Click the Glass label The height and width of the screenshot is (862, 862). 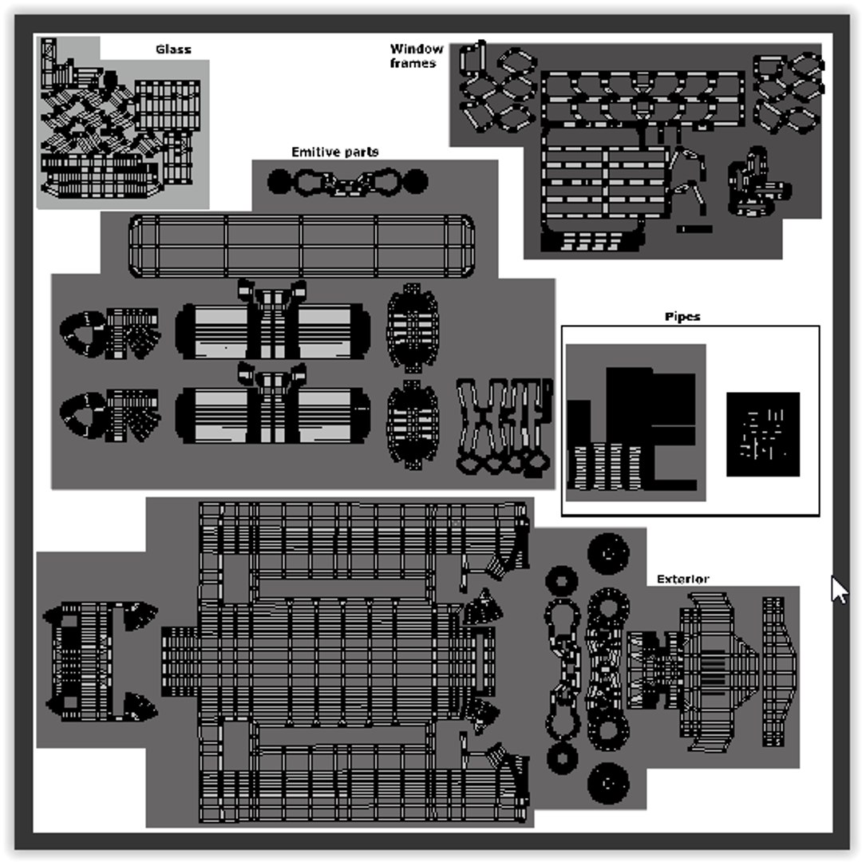click(x=173, y=49)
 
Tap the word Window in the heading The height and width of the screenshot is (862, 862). click(x=416, y=49)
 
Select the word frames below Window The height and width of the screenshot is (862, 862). click(x=413, y=63)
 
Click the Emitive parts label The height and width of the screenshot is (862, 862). click(x=334, y=152)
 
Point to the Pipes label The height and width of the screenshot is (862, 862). click(x=682, y=317)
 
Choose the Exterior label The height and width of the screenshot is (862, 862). click(x=682, y=579)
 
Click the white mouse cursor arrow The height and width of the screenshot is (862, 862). click(x=839, y=590)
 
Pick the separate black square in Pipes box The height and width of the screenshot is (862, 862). click(x=763, y=434)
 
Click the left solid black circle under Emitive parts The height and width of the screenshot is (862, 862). click(x=279, y=181)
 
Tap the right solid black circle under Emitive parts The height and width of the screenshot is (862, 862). click(x=416, y=181)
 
